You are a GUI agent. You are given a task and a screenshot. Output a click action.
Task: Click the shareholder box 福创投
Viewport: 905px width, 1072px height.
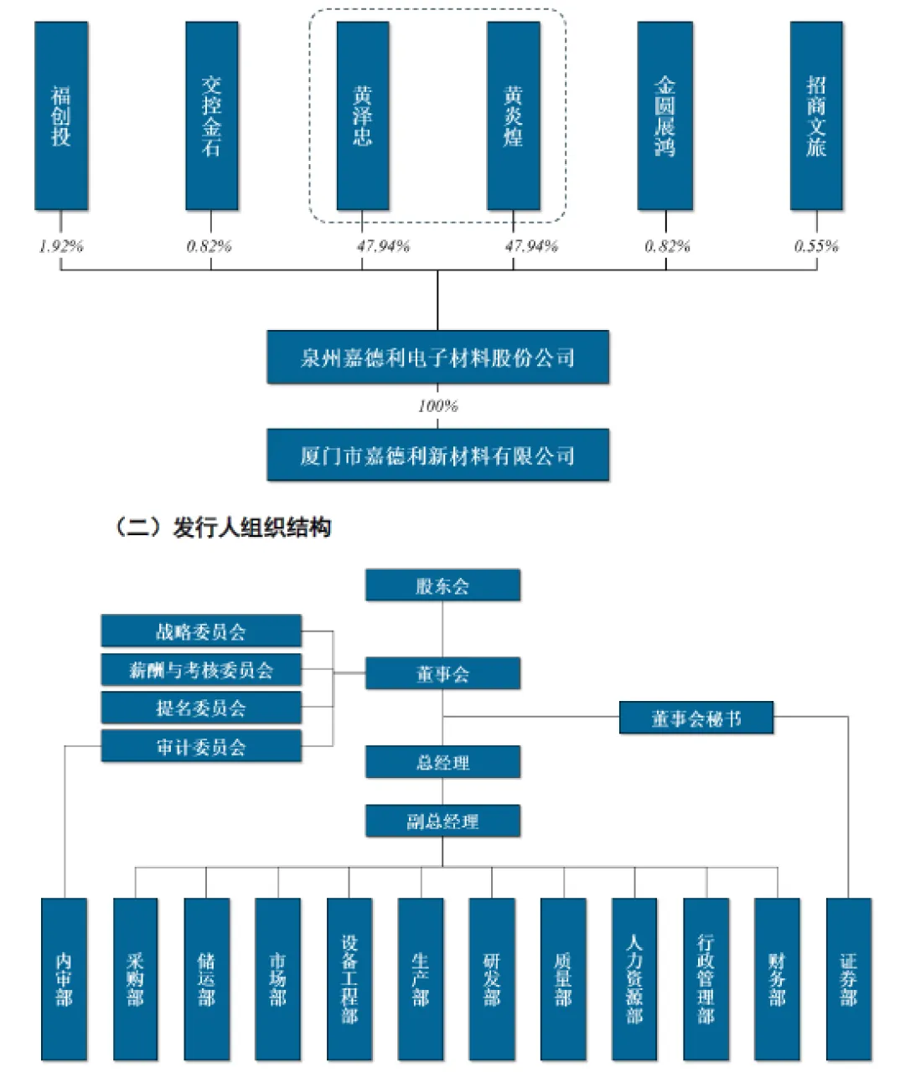pos(61,116)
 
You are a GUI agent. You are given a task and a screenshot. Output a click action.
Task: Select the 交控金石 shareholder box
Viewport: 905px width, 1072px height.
pos(211,116)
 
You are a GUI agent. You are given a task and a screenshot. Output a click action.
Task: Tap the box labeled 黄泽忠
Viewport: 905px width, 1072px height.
pos(362,116)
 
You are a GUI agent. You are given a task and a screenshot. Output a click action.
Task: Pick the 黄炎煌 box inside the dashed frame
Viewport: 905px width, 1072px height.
pos(513,116)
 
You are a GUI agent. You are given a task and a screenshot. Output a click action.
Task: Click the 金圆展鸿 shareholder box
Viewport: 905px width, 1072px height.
pos(665,116)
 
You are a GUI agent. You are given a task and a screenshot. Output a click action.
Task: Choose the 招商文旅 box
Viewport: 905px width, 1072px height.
pos(815,116)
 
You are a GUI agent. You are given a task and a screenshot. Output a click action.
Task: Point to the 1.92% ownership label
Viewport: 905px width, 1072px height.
pos(61,246)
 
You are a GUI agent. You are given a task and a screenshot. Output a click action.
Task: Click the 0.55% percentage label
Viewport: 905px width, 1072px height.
pos(816,246)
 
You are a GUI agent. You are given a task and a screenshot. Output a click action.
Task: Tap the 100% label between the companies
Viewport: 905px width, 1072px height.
pos(437,406)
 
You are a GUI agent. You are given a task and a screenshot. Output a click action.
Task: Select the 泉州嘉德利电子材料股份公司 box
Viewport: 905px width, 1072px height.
pos(437,358)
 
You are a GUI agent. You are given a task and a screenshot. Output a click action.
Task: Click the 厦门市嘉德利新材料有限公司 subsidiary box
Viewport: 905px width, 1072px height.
pos(437,456)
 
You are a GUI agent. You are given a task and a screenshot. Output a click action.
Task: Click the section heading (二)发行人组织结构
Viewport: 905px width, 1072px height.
pos(222,528)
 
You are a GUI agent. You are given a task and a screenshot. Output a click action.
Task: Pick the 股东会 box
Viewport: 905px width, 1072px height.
pos(442,585)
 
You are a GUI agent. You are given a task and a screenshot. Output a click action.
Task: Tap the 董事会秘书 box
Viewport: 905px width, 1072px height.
pos(696,719)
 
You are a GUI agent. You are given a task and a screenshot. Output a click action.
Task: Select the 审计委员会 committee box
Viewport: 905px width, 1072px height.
pos(201,746)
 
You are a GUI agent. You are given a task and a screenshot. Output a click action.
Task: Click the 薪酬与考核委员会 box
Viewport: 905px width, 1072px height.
pos(201,670)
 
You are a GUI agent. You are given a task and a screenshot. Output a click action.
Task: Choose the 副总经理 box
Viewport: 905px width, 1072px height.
pos(442,821)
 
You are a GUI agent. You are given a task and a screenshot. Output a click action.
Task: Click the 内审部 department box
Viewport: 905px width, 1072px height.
pos(64,978)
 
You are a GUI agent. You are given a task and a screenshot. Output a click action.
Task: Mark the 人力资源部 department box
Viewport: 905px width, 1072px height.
pos(634,978)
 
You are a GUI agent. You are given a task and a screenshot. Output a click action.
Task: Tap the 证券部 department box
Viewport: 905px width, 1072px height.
pos(849,978)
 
